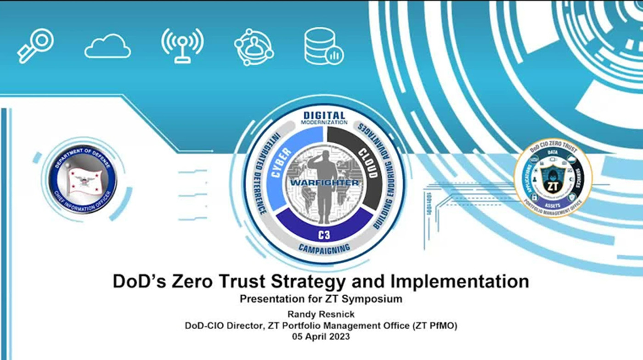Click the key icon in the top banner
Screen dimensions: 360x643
click(35, 46)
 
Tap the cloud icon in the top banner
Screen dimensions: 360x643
click(107, 47)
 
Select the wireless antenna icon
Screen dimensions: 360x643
click(182, 45)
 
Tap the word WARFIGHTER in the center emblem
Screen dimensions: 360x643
click(325, 183)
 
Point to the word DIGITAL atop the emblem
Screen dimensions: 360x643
click(324, 115)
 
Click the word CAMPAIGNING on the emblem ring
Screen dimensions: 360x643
click(324, 248)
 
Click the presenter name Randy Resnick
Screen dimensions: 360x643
click(321, 315)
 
